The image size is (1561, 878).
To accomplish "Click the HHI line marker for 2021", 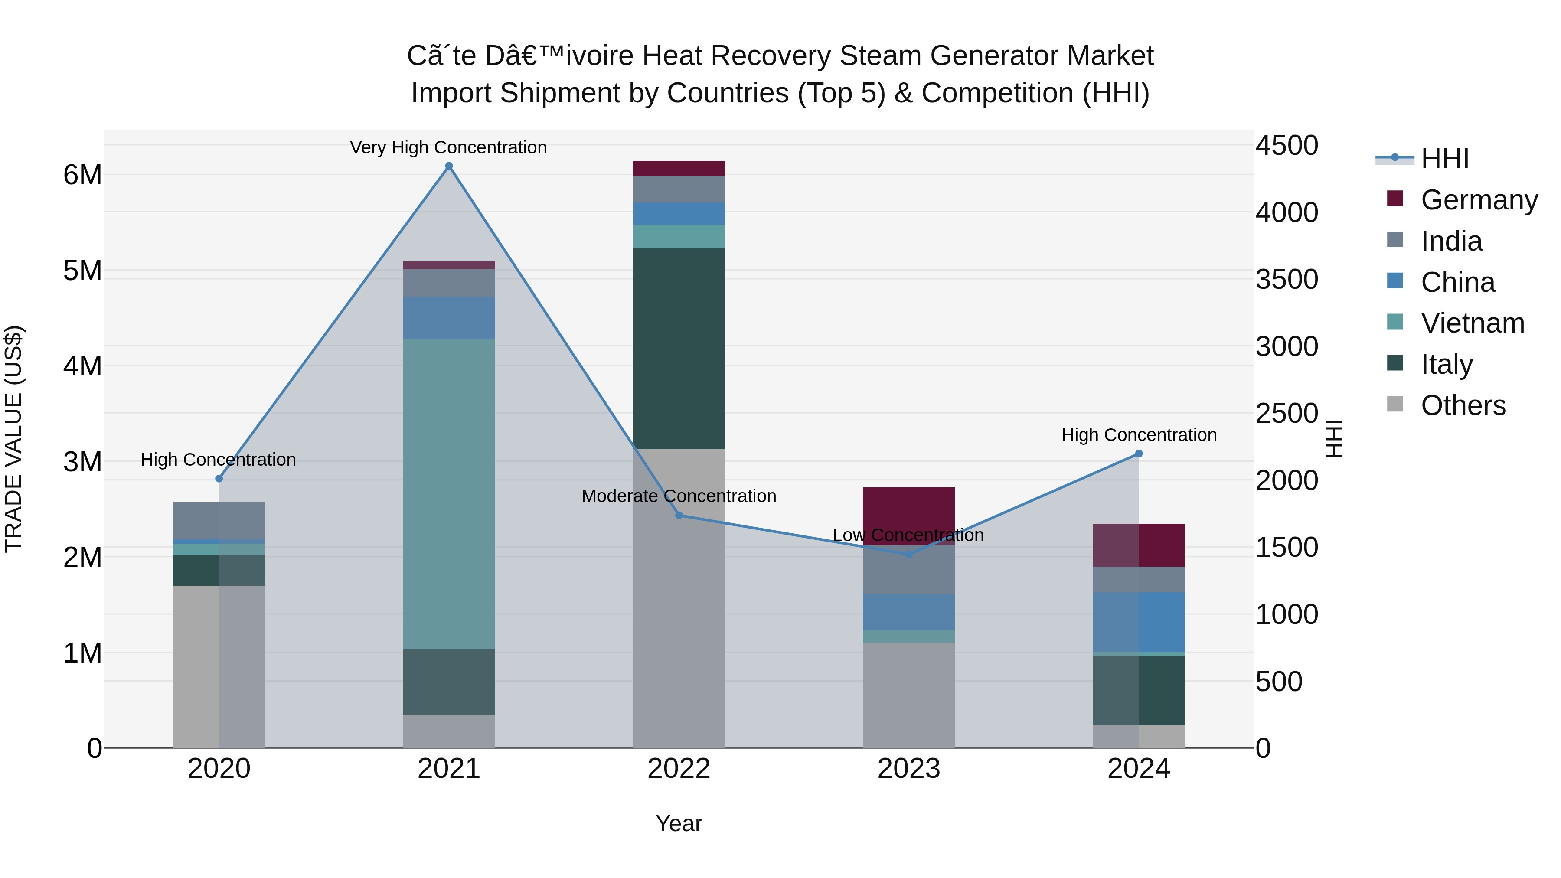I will [x=449, y=166].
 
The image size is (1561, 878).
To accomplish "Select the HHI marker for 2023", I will [x=908, y=554].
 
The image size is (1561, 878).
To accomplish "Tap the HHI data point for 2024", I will [x=1139, y=453].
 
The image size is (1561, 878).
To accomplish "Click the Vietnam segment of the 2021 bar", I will [x=449, y=494].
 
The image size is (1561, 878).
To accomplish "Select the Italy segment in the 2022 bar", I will [x=679, y=349].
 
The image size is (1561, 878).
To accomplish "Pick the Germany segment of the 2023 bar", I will [x=908, y=515].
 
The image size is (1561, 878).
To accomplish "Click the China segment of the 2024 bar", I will [x=1139, y=622].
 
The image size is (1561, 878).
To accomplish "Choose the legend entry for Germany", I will [x=1479, y=199].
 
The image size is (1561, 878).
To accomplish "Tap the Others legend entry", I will [x=1463, y=405].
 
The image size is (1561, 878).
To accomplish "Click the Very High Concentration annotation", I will [x=448, y=147].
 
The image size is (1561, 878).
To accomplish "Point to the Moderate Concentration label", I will [x=679, y=496].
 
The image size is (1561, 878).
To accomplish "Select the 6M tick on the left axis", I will [x=82, y=175].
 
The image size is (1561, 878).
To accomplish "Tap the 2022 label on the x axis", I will [x=679, y=769].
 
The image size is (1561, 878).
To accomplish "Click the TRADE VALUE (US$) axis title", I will [x=13, y=439].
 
